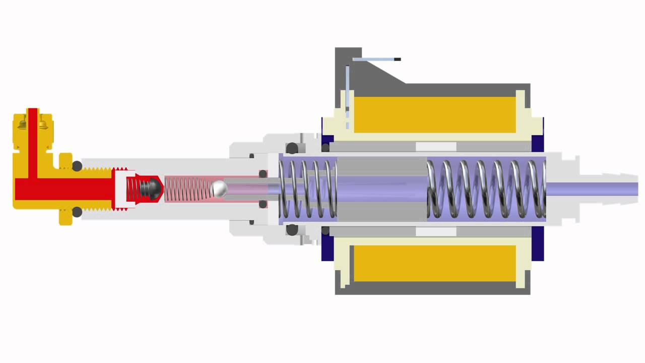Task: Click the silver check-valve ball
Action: point(219,189)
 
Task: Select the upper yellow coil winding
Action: point(434,114)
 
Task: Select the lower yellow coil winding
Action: point(434,263)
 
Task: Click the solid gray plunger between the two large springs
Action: point(381,189)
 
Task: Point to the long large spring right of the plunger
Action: point(486,189)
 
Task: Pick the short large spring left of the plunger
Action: point(307,189)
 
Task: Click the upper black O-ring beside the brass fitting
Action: point(77,166)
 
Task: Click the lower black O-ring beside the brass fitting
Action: point(77,212)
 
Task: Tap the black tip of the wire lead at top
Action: point(397,59)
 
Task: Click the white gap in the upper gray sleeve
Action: point(436,146)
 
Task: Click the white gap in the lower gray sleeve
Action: point(436,231)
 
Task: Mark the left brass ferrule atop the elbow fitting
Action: point(22,123)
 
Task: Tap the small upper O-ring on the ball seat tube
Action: point(263,174)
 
